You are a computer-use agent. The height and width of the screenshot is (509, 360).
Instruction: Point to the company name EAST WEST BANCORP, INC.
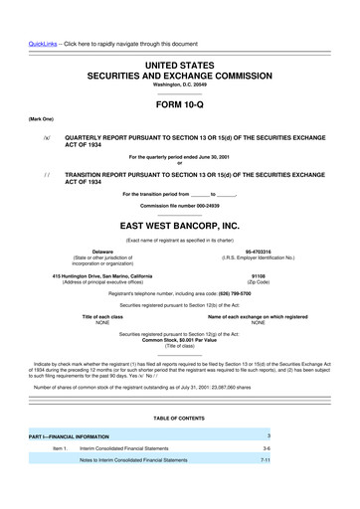coord(180,226)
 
